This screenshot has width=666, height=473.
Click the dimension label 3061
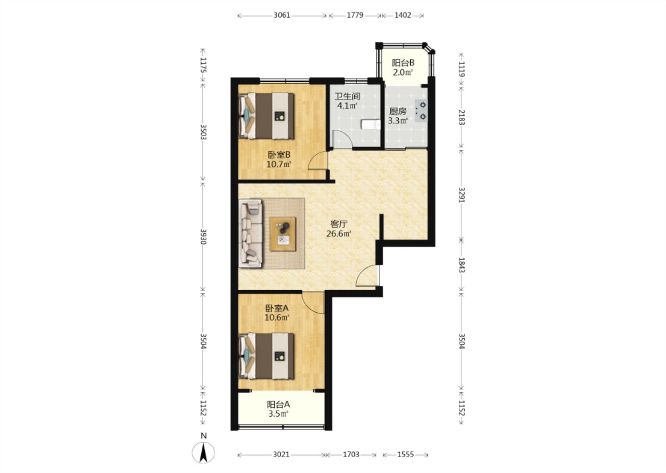282,15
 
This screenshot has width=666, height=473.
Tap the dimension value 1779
355,15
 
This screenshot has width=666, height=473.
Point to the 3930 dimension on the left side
203,236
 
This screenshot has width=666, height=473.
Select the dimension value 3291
462,195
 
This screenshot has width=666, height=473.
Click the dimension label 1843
462,265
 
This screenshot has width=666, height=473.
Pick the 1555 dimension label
406,455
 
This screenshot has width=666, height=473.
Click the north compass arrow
203,452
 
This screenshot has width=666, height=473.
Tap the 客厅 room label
339,224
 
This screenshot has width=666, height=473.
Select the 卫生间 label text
347,96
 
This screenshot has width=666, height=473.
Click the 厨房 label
398,111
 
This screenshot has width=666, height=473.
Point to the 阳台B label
403,63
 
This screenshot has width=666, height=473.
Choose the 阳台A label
278,405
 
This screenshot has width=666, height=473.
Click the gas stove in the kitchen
421,111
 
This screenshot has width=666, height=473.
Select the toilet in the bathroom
370,125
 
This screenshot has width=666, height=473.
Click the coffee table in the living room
283,234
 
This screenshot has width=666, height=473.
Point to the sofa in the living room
251,233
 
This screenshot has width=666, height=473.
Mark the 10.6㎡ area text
277,318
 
